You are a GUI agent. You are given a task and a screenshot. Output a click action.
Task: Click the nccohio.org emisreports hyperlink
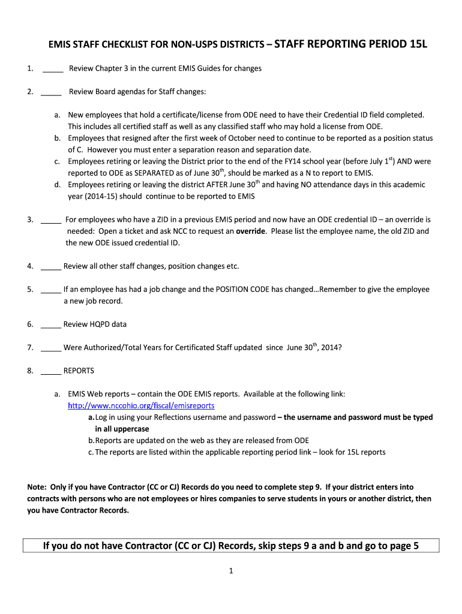click(141, 406)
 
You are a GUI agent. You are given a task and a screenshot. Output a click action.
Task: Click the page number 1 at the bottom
click(230, 571)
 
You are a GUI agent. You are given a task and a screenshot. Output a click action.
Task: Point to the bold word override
click(251, 231)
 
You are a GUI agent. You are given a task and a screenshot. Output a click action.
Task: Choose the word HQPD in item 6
click(100, 324)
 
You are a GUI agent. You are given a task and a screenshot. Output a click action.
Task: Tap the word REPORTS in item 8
click(79, 371)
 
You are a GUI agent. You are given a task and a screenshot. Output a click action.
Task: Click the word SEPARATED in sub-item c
click(130, 173)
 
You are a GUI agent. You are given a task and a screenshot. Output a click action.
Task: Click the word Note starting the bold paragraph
click(37, 487)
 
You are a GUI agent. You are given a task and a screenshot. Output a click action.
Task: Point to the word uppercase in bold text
click(128, 429)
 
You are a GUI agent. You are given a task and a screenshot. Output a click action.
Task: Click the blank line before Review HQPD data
click(51, 326)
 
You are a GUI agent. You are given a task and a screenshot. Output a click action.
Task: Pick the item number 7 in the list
click(30, 348)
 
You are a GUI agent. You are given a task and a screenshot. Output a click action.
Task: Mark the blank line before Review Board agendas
click(52, 93)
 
